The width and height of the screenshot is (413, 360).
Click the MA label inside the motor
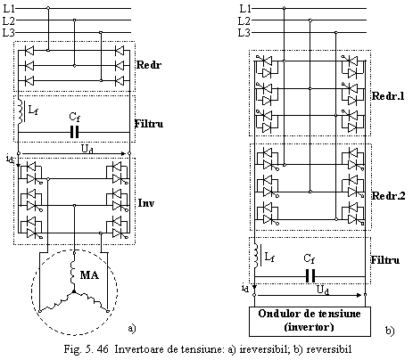(89, 274)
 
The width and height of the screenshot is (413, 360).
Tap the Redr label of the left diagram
(149, 65)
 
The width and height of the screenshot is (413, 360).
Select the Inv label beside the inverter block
(146, 203)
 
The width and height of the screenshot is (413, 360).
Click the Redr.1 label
(388, 96)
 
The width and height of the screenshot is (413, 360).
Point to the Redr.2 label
(388, 196)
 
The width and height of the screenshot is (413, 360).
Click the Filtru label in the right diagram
(385, 260)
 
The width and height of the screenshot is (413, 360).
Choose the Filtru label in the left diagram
(149, 123)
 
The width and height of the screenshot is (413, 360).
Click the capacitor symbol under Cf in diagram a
(75, 132)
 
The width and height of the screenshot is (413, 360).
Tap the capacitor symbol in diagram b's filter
(310, 276)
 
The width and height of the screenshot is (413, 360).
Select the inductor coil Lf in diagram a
(21, 112)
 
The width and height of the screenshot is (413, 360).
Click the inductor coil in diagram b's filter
(256, 256)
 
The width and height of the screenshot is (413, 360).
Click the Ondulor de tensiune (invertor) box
(310, 322)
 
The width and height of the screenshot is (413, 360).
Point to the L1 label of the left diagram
(9, 9)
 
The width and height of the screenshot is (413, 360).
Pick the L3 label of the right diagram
(244, 32)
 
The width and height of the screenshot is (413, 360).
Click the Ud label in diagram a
(87, 149)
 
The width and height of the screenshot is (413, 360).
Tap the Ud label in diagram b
(323, 290)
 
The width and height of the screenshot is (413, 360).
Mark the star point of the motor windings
(73, 292)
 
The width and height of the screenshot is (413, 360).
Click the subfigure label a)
(132, 328)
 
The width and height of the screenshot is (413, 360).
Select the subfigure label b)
(390, 330)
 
